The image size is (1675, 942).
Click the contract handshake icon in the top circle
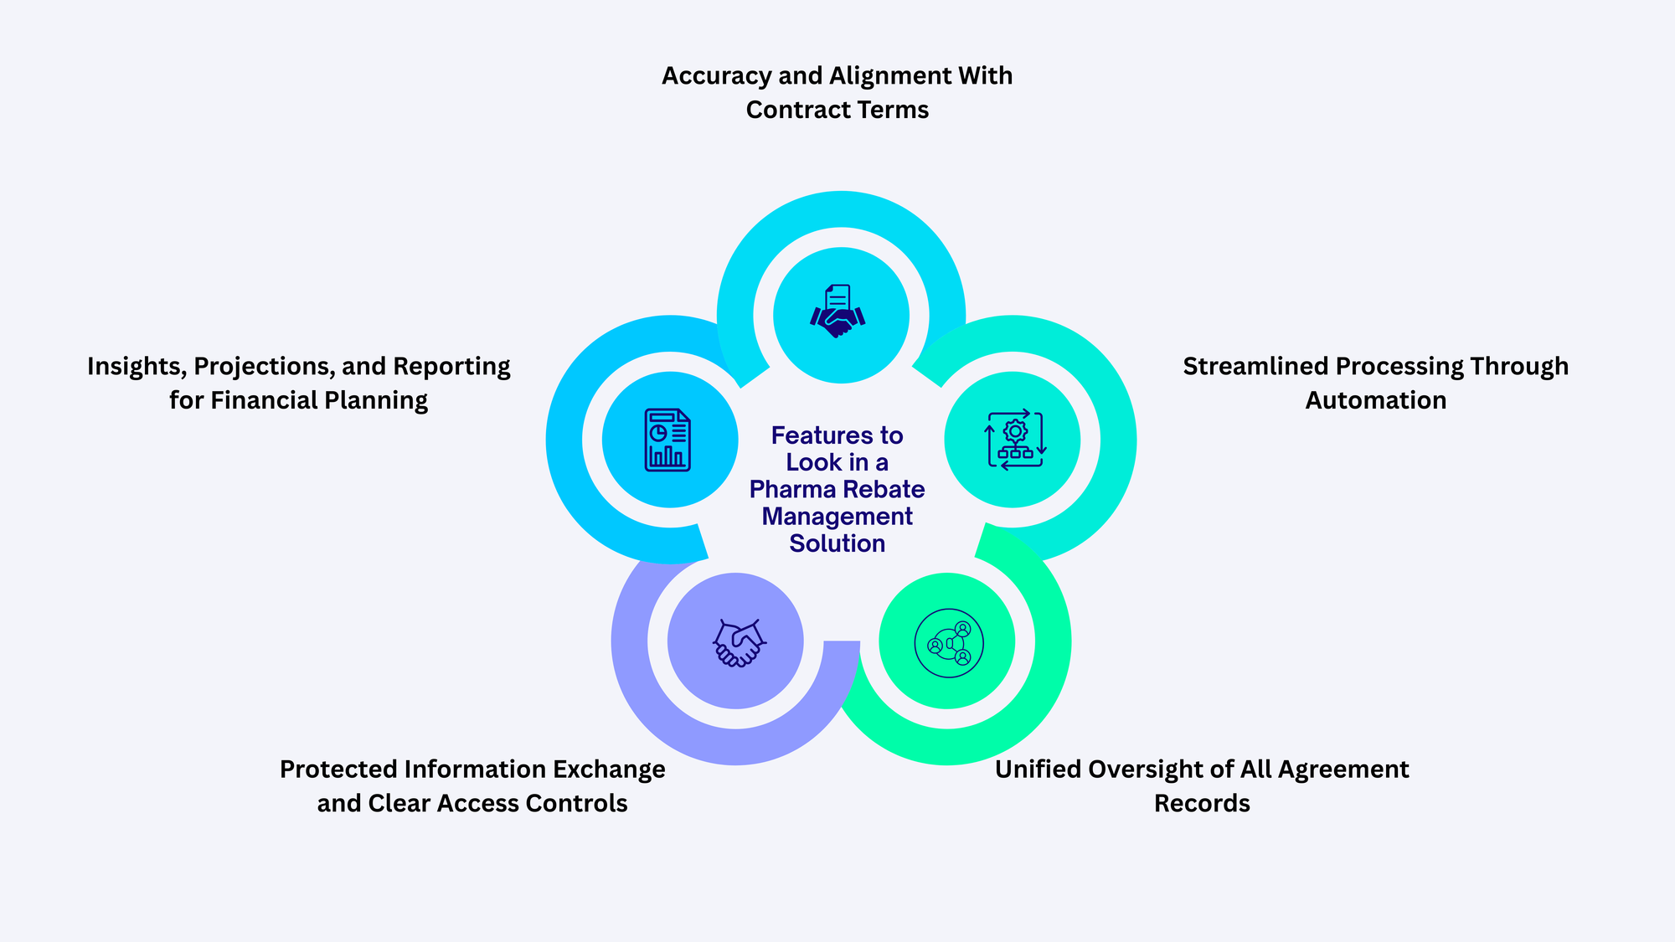pyautogui.click(x=837, y=312)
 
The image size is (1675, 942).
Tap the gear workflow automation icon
pyautogui.click(x=1015, y=440)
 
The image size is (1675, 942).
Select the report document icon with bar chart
pyautogui.click(x=667, y=440)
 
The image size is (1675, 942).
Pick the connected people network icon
pyautogui.click(x=949, y=643)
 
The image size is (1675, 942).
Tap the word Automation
pyautogui.click(x=1376, y=401)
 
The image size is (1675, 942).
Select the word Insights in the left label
pyautogui.click(x=137, y=367)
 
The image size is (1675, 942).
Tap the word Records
pyautogui.click(x=1202, y=804)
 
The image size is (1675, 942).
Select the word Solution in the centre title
pyautogui.click(x=837, y=544)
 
